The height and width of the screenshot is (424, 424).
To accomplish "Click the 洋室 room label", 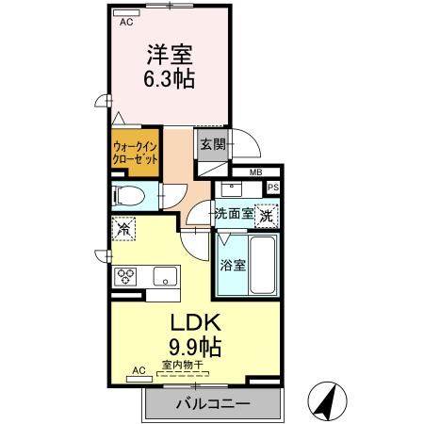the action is [170, 55].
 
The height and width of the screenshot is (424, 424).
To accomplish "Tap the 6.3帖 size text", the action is [170, 78].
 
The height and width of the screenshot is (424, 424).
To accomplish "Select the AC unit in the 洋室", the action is [126, 13].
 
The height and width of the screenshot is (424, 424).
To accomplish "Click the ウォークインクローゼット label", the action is [135, 153].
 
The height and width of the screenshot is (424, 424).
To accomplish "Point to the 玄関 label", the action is [213, 144].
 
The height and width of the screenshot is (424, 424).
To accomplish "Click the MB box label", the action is [256, 172].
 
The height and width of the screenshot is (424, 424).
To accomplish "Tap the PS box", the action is [273, 188].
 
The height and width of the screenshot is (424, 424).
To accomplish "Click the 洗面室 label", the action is [235, 214].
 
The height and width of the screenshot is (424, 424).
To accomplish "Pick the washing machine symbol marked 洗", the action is [267, 216].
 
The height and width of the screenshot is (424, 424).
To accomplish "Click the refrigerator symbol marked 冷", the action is [123, 229].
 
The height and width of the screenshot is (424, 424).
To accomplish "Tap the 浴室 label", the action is [233, 266].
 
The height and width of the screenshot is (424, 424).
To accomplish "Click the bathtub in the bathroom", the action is [263, 265].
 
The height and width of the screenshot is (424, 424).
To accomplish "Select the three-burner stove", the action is [125, 277].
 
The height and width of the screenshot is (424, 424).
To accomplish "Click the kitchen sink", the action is [165, 276].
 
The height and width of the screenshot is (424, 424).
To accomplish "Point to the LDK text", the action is [195, 322].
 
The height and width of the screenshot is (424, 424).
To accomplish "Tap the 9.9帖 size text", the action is [195, 347].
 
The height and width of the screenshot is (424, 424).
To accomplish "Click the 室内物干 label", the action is [183, 365].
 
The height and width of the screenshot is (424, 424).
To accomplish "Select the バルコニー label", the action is [213, 403].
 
